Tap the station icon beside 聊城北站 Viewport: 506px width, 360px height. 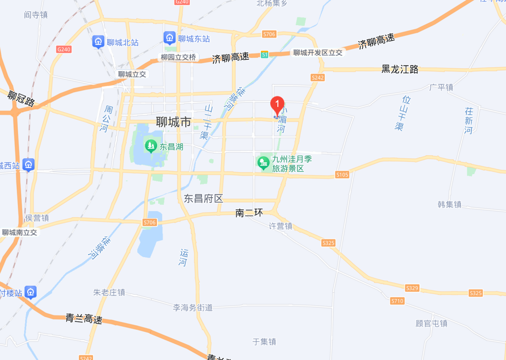pos(98,42)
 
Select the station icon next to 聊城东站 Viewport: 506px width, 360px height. pos(169,38)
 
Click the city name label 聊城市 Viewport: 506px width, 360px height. pos(173,122)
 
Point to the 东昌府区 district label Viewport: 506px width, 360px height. pos(204,199)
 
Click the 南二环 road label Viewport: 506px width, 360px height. pos(249,213)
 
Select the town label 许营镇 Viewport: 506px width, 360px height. pos(281,226)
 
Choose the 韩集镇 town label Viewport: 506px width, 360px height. pos(450,204)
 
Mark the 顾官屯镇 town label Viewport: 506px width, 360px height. pos(431,323)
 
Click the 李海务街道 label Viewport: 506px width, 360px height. pos(193,308)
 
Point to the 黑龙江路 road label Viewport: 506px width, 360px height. pos(400,69)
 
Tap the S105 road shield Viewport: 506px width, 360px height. pos(342,175)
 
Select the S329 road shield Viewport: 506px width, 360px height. pos(412,288)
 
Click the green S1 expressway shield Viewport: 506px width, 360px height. pos(265,54)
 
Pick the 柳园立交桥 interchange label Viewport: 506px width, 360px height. pos(178,57)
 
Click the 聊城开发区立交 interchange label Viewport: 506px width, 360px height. pos(318,52)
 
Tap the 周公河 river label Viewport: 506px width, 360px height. pos(106,119)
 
